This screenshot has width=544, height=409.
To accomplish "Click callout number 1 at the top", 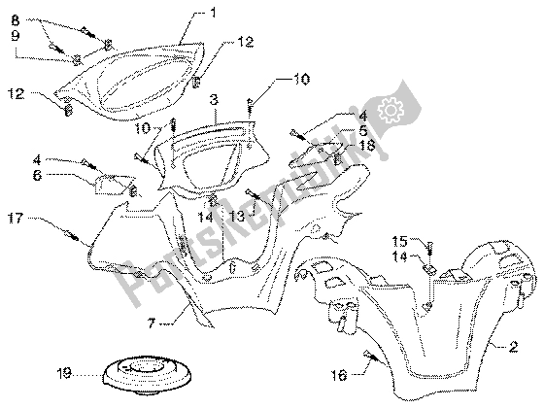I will click(214, 14).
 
